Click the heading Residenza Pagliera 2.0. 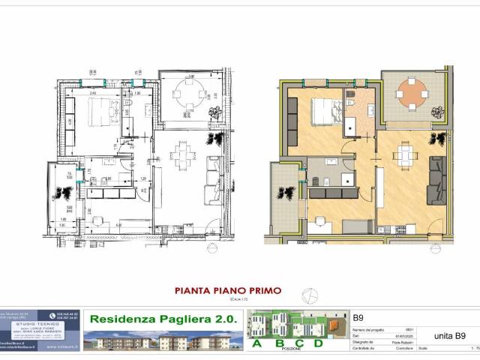point(162,318)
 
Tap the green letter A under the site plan point(258,343)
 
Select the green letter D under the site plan point(318,343)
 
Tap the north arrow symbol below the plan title point(306,295)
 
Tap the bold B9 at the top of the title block point(358,317)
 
